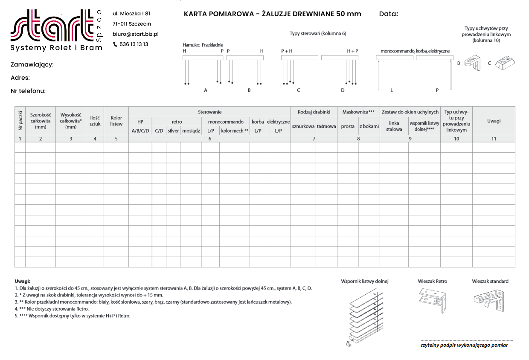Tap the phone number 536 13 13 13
point(134,44)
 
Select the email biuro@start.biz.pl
point(135,34)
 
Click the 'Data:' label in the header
point(388,14)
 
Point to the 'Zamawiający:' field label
point(32,65)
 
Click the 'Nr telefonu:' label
point(28,91)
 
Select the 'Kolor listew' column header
point(116,121)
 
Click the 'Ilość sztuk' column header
point(95,121)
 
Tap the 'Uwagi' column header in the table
point(494,121)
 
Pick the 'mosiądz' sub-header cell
point(191,131)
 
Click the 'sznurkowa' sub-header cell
point(303,126)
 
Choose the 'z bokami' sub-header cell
point(369,126)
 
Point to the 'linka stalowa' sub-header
point(394,126)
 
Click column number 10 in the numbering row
point(456,139)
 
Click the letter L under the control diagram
point(391,90)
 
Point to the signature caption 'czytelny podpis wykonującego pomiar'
point(464,345)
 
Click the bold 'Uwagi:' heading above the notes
point(23,282)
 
